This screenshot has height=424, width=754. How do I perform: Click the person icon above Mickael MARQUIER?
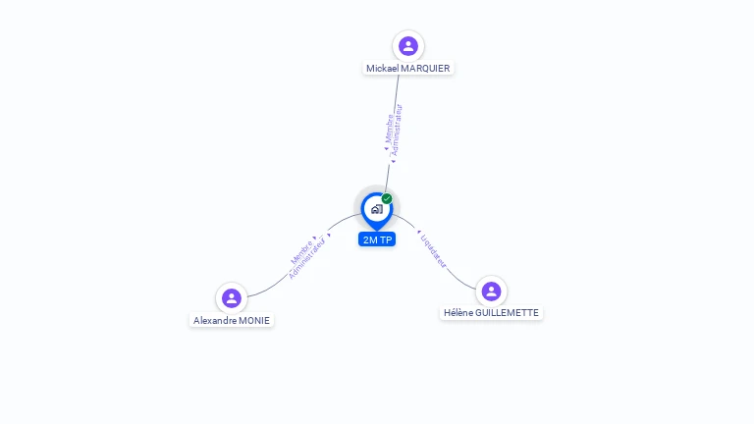click(x=408, y=46)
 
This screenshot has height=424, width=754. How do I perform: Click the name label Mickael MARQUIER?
click(x=408, y=69)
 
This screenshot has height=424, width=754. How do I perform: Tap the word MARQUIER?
click(x=427, y=69)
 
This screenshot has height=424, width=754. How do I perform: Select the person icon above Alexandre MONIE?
click(x=232, y=298)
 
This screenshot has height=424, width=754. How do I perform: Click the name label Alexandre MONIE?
click(x=232, y=321)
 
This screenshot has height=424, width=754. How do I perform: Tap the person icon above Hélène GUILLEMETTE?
click(x=491, y=291)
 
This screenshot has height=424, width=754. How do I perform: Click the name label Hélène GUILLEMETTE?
click(x=491, y=313)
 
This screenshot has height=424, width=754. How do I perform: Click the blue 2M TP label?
click(x=377, y=239)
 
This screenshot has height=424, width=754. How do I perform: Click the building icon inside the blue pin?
click(x=376, y=208)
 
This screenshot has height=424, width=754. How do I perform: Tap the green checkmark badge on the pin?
click(x=387, y=199)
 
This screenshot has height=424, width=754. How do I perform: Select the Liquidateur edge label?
click(x=433, y=250)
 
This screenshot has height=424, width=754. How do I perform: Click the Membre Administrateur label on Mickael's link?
click(x=393, y=130)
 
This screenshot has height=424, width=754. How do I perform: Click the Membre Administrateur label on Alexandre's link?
click(x=308, y=257)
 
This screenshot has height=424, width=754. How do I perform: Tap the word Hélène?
click(x=457, y=313)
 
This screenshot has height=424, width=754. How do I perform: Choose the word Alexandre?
click(x=213, y=321)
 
